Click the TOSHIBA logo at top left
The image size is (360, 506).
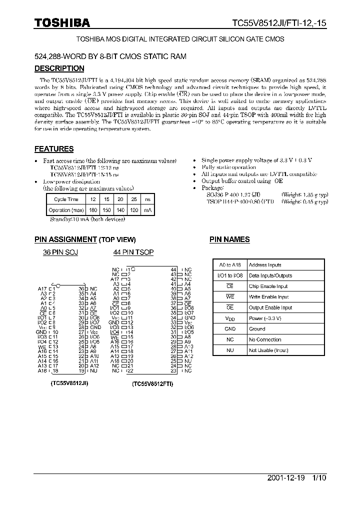(62, 22)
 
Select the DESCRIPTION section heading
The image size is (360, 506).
(59, 68)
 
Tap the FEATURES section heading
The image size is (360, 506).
(54, 148)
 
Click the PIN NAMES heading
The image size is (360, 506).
(229, 239)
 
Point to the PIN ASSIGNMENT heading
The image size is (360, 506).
(65, 239)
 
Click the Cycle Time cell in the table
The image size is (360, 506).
(65, 199)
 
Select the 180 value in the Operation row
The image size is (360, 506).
(92, 210)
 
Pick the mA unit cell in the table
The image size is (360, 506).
(147, 210)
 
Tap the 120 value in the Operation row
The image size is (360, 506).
(134, 210)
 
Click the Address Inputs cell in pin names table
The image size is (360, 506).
(265, 265)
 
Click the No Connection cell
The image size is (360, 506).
(265, 339)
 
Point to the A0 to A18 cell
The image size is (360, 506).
(229, 265)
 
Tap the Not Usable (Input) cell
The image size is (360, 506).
(268, 350)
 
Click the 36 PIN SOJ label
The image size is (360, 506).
(60, 252)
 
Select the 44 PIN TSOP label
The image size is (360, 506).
(133, 252)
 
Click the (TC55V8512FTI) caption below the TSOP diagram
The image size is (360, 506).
(152, 385)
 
